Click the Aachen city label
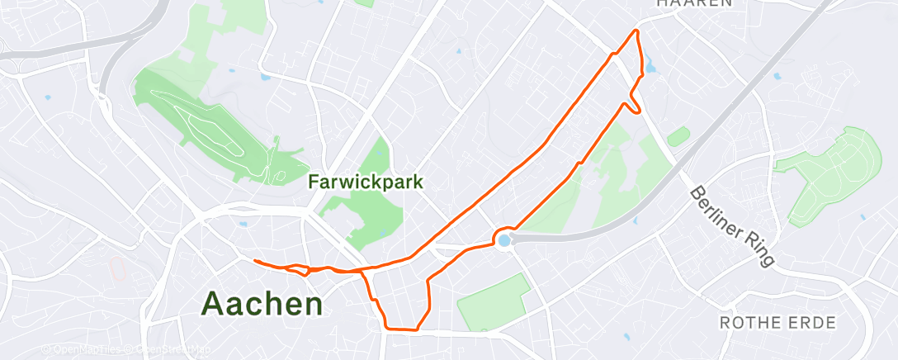[262, 304]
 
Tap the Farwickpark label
[366, 181]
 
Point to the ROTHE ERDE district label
[778, 322]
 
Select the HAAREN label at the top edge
[695, 3]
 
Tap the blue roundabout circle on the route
[503, 239]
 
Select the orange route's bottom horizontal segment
[401, 329]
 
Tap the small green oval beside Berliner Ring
[678, 136]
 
